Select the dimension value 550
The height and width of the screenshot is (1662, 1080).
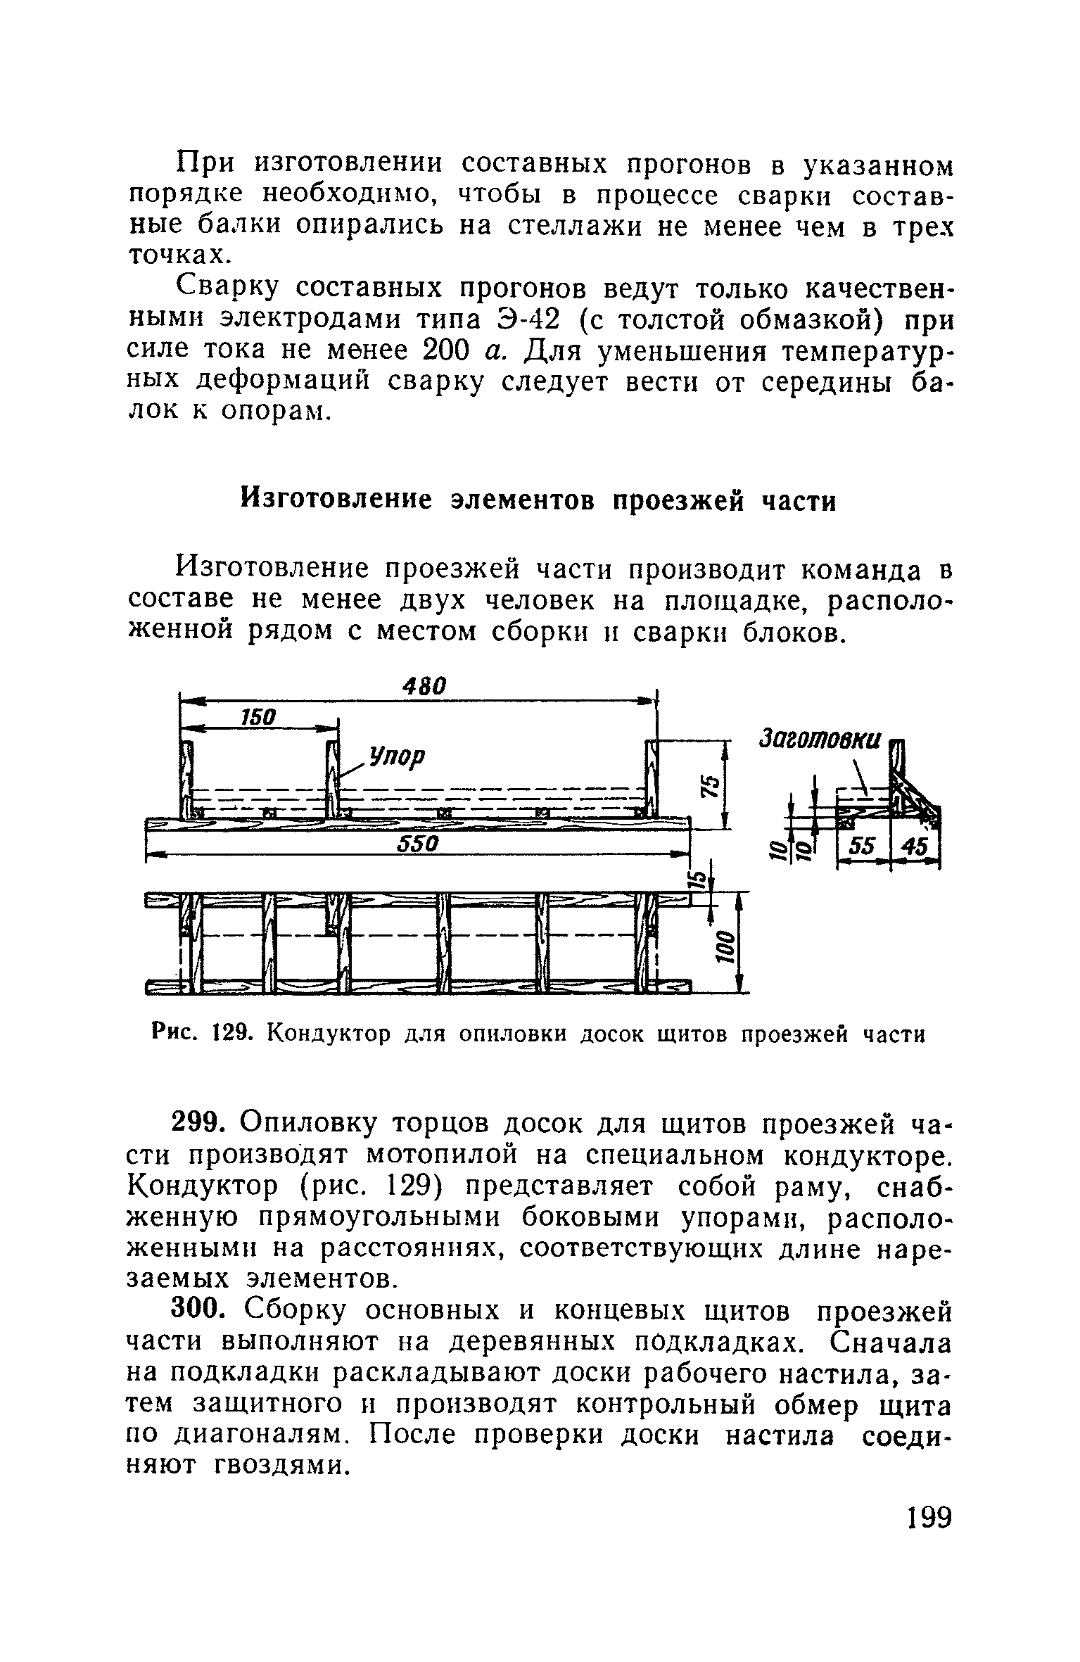tap(418, 844)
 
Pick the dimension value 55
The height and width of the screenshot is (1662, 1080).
tap(860, 849)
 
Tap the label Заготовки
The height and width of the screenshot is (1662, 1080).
tap(820, 739)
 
